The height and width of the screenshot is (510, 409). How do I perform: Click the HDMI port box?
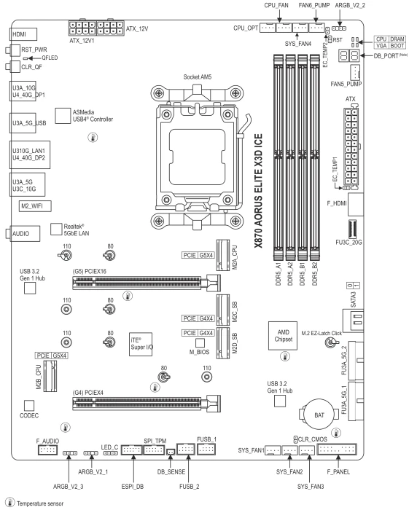(x=23, y=34)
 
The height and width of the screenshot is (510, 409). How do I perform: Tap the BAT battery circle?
(x=319, y=415)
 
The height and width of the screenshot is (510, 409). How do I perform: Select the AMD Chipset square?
(x=283, y=336)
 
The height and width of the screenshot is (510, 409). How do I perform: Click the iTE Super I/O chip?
(x=141, y=344)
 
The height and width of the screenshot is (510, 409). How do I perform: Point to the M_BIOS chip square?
(x=200, y=343)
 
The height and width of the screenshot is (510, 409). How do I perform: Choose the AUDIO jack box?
(x=25, y=234)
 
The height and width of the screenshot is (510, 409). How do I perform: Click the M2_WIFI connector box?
(x=35, y=206)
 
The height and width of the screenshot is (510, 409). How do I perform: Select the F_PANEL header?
(x=337, y=450)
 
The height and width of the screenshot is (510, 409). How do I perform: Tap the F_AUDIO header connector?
(x=47, y=450)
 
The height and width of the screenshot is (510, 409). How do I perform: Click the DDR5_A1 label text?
(x=278, y=274)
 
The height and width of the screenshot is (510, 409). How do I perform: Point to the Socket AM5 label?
(x=197, y=77)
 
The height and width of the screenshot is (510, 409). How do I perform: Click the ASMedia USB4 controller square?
(x=63, y=116)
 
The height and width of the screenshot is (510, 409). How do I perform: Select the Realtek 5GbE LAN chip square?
(x=56, y=229)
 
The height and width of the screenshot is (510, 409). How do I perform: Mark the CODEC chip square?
(x=29, y=405)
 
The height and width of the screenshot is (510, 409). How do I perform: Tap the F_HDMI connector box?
(x=356, y=204)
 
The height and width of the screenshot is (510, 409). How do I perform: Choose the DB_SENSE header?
(x=171, y=452)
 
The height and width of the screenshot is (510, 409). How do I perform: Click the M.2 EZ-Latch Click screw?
(x=330, y=342)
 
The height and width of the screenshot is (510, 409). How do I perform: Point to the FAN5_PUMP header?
(x=355, y=72)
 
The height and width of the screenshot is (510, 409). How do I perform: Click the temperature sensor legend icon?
(x=10, y=502)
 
